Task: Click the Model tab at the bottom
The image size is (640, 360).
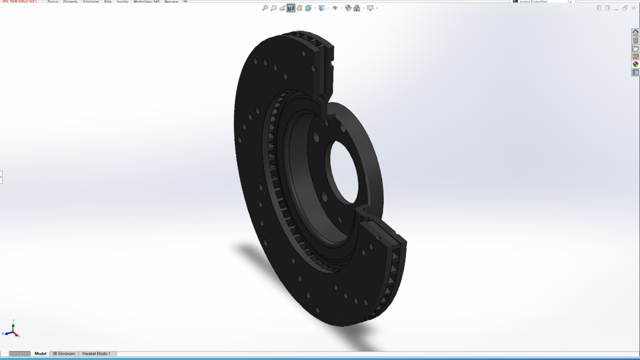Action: click(41, 353)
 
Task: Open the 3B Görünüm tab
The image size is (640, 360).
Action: click(64, 353)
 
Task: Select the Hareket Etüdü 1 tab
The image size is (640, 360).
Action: click(96, 353)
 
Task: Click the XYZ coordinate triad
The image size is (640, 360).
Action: click(12, 331)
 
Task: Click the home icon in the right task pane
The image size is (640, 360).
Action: click(635, 33)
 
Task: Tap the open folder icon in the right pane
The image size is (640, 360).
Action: click(635, 49)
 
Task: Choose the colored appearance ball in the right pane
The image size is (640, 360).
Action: click(635, 65)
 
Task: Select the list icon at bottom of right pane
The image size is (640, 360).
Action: click(635, 73)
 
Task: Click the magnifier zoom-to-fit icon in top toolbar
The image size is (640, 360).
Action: click(265, 8)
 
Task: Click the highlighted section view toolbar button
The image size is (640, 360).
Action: click(291, 8)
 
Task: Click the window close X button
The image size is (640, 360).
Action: click(633, 8)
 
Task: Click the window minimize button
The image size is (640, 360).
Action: click(616, 8)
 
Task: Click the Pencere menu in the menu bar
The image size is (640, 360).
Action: click(171, 2)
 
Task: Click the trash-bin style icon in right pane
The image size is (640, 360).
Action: click(635, 41)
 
